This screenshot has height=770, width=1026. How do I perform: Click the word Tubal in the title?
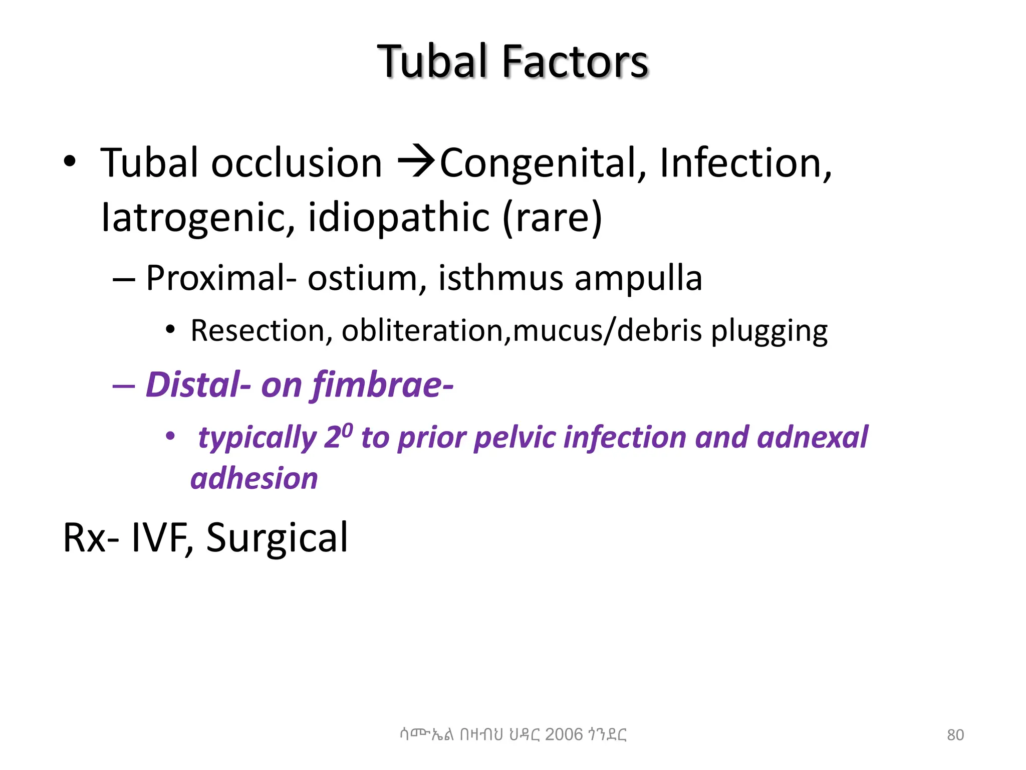[x=432, y=62]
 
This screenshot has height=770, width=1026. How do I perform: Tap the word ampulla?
[x=638, y=279]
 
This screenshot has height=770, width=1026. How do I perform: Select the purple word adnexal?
[x=812, y=437]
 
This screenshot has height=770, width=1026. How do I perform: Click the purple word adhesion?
[x=254, y=478]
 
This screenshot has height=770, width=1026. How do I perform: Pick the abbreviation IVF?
[x=162, y=538]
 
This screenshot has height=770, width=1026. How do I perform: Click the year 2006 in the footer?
[x=564, y=734]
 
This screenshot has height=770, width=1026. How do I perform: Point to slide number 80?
[x=955, y=735]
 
